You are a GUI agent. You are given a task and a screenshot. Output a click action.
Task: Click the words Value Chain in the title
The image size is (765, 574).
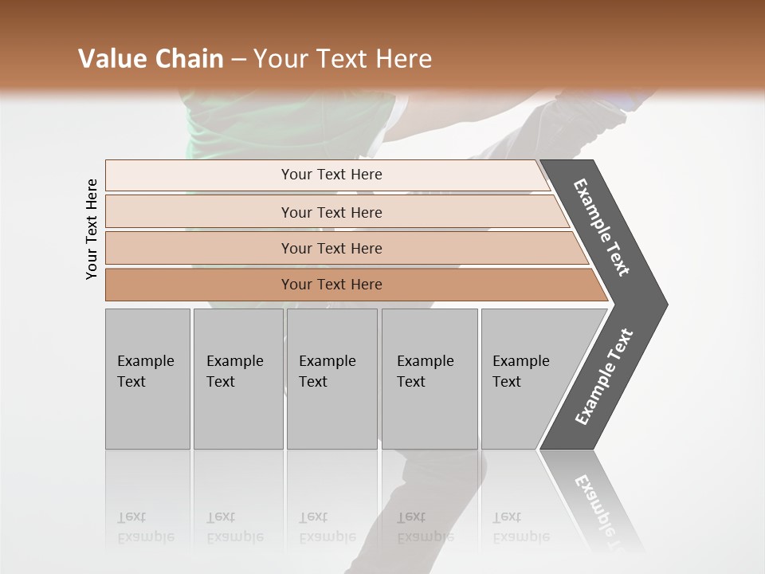[x=151, y=59]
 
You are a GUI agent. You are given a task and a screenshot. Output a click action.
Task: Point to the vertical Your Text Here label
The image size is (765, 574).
[x=92, y=229]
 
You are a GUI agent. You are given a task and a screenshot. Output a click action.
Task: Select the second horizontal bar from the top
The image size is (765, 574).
[x=331, y=212]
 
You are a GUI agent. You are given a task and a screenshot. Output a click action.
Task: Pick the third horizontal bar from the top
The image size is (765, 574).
[x=331, y=248]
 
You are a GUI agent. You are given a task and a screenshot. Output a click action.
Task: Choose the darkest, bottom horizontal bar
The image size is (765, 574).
[x=331, y=285]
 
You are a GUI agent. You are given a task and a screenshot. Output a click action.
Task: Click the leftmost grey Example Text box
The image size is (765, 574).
[x=147, y=379]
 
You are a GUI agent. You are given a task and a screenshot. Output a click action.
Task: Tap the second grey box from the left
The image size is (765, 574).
[x=238, y=379]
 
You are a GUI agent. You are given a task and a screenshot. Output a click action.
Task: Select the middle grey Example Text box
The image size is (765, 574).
[x=331, y=379]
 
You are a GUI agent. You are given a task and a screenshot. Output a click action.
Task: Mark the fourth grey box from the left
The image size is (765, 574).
[x=430, y=379]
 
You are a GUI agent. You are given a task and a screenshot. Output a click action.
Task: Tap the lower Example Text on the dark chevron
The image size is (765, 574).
[x=604, y=376]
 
